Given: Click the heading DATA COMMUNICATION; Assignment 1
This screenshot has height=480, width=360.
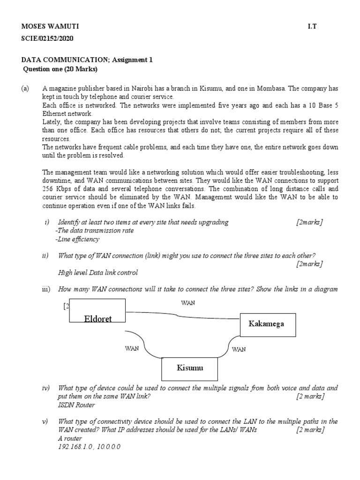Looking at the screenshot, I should [87, 60].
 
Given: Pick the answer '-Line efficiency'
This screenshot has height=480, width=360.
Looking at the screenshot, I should [77, 239].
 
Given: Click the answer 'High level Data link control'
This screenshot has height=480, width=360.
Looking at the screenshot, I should [98, 272].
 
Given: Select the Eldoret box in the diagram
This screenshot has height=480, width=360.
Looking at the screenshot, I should [97, 311].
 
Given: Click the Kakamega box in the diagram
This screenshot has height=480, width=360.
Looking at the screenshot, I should [268, 324].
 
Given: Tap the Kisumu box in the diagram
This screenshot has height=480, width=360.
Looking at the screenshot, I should [190, 368].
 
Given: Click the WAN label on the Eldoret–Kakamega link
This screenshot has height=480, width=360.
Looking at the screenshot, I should [188, 303].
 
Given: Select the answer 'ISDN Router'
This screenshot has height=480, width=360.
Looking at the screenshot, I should [76, 405].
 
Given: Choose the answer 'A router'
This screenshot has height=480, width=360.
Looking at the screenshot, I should [70, 438].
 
